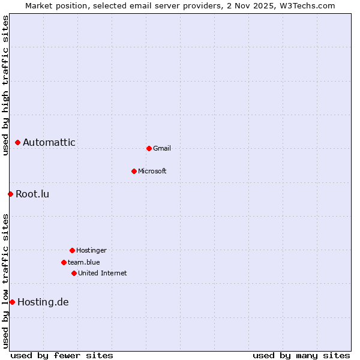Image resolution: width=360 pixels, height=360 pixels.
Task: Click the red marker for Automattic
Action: (17, 142)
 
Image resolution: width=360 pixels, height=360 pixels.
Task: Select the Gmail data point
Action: (149, 148)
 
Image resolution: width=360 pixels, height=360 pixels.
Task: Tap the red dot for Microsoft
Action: (134, 171)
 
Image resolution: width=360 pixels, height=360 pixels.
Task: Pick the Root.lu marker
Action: (10, 194)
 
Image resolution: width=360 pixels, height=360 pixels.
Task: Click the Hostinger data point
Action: (72, 250)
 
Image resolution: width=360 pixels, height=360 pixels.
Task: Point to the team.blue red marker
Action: (64, 262)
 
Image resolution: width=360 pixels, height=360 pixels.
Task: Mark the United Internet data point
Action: (74, 273)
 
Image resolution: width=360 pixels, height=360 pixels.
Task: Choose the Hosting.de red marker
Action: (12, 302)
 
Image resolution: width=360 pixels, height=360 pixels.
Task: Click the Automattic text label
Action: (49, 142)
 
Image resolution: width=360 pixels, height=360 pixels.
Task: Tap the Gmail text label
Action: (162, 148)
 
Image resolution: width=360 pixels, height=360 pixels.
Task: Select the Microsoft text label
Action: (152, 171)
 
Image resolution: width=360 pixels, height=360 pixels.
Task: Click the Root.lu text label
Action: (32, 194)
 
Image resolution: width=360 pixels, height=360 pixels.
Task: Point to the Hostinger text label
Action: (91, 250)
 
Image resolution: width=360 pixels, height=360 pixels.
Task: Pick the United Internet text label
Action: (103, 273)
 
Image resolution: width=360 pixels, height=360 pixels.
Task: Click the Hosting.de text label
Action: (43, 302)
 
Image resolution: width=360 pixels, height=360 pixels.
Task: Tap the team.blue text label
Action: (84, 262)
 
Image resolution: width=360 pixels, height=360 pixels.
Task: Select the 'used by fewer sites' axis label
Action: (62, 355)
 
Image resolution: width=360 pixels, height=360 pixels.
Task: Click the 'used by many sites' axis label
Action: (301, 355)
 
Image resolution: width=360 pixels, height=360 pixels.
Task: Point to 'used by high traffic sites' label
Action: (5, 85)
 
